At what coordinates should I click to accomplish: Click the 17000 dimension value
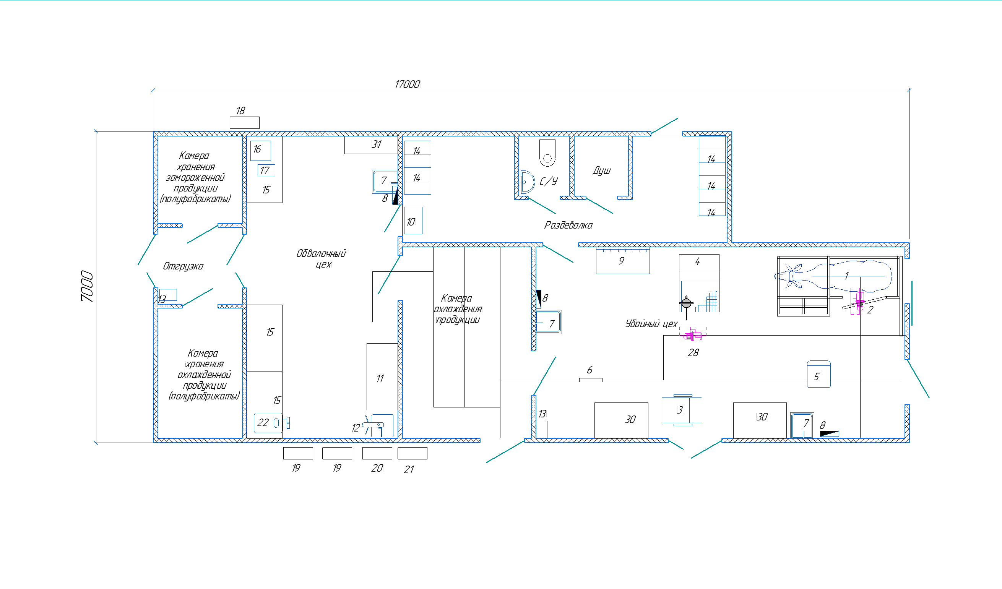pos(407,84)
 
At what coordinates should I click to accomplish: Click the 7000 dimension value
pos(87,286)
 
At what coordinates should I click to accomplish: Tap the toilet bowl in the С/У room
pos(547,153)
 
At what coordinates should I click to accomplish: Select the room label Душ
pos(602,170)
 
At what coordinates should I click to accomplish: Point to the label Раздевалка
pos(568,226)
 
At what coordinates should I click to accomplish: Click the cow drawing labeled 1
pos(833,275)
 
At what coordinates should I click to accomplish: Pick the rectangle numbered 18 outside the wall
pos(245,122)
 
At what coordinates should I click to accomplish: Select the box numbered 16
pos(260,151)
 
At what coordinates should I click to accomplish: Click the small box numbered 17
pos(266,170)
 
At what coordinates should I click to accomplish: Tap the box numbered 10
pos(413,221)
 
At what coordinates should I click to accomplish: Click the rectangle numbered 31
pos(371,144)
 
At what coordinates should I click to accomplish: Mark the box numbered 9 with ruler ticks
pos(623,261)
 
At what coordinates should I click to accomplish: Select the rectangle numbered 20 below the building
pos(377,453)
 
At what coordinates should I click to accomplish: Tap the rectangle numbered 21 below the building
pos(412,453)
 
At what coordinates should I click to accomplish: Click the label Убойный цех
pos(651,324)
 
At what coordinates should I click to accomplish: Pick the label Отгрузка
pos(183,266)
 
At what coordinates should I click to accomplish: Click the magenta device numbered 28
pos(693,334)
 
